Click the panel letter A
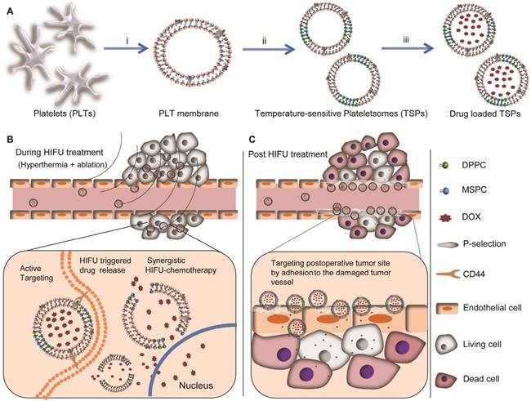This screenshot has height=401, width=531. click(7, 7)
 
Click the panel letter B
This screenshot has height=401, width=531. click(7, 141)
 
